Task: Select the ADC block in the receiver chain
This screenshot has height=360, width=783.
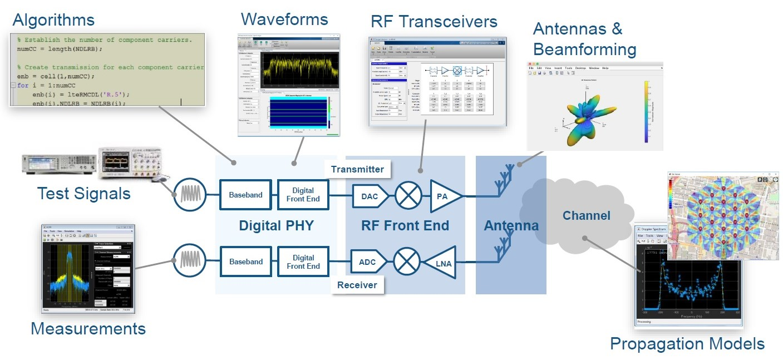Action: click(368, 262)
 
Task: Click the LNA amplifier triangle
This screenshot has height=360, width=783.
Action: click(441, 262)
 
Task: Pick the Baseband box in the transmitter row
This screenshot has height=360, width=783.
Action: click(245, 195)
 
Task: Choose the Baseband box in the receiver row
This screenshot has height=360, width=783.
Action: click(245, 262)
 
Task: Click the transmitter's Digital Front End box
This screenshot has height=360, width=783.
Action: click(303, 195)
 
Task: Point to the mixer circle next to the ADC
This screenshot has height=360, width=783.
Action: click(407, 262)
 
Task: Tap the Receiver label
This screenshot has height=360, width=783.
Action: click(357, 285)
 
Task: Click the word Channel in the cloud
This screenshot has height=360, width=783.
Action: click(586, 216)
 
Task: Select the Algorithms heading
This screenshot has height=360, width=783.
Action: click(53, 21)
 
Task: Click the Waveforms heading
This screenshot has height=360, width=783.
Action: click(284, 19)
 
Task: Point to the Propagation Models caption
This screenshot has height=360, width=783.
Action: click(687, 343)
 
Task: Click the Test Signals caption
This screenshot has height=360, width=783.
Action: click(83, 194)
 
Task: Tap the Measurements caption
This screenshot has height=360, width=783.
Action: click(88, 328)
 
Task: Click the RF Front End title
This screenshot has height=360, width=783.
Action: click(405, 226)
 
